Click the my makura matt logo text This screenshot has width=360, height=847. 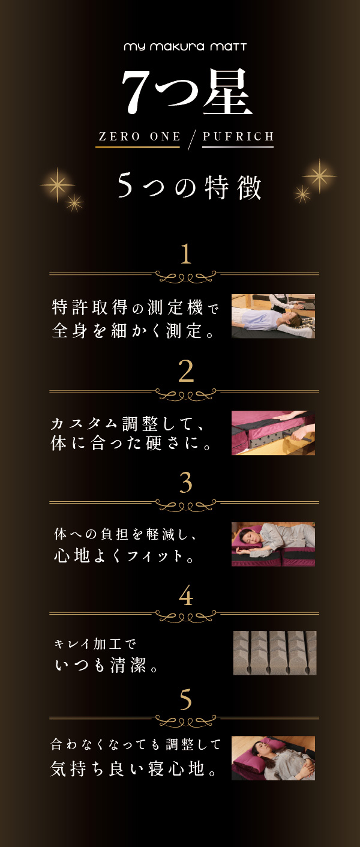[185, 47]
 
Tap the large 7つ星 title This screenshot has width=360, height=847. [187, 92]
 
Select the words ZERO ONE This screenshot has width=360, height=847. [139, 136]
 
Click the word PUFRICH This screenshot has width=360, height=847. [238, 136]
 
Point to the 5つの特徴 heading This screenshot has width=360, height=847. [189, 187]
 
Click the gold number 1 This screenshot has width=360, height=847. [185, 254]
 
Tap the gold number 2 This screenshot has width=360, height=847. [186, 372]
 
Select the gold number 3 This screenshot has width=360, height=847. [186, 483]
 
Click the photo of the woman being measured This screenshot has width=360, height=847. [273, 316]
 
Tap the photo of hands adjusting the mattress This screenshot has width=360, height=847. [273, 433]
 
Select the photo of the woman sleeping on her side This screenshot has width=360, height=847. [273, 544]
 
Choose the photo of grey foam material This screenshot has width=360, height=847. [275, 653]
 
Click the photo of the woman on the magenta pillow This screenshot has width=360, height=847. [273, 758]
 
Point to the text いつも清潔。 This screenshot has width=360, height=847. [106, 665]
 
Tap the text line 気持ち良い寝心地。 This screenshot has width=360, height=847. [134, 769]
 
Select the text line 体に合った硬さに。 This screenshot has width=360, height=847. [131, 444]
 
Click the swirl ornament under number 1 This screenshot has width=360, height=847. [186, 277]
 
